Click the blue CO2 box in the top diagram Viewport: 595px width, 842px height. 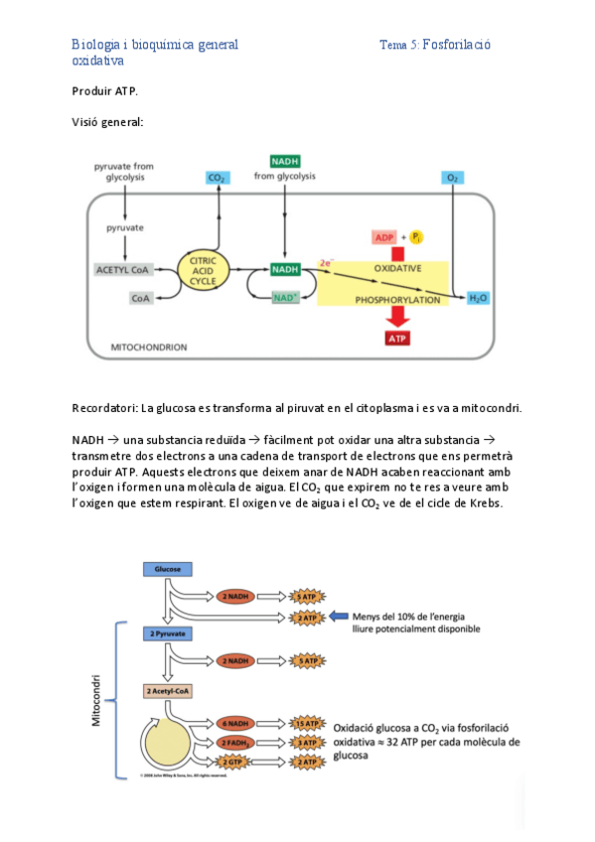[217, 178]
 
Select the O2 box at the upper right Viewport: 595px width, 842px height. [452, 178]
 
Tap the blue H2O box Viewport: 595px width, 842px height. [478, 297]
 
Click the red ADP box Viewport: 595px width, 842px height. [384, 237]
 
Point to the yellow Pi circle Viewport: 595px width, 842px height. [417, 237]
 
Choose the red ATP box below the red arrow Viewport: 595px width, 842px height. [397, 338]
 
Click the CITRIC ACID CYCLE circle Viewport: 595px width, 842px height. [203, 269]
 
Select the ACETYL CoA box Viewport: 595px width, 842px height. [123, 269]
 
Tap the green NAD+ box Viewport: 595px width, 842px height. [285, 297]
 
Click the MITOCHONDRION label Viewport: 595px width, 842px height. [148, 348]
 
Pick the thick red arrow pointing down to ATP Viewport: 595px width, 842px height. [397, 314]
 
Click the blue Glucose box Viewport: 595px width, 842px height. [167, 568]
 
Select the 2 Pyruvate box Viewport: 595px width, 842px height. [167, 633]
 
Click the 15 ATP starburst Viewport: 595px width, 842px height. [307, 724]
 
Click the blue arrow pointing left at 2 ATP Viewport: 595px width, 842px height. [339, 616]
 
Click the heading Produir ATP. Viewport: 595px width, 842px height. [105, 90]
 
